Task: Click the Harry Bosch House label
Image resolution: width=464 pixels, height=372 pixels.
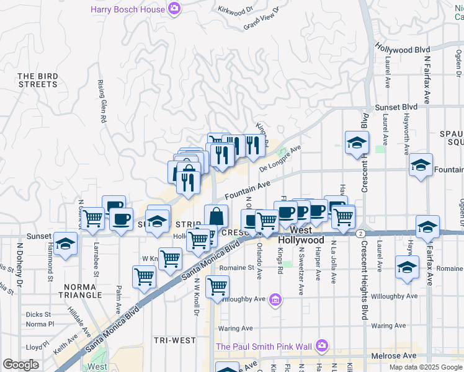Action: tap(128, 9)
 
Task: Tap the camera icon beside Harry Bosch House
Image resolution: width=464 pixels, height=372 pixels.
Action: tap(176, 9)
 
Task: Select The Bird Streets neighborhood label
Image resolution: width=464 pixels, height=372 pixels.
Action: tap(38, 80)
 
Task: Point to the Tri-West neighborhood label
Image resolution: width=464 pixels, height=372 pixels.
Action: tap(174, 340)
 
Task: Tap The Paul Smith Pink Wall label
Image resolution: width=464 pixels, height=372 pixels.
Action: tap(264, 345)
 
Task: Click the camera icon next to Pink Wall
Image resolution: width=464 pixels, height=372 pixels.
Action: tap(321, 345)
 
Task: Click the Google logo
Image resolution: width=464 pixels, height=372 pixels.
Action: tap(20, 364)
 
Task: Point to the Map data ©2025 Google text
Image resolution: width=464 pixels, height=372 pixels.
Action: tap(425, 367)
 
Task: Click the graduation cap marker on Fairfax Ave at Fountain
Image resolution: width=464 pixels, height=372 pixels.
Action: tap(421, 165)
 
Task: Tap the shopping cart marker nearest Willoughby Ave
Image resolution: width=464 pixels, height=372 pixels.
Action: tap(217, 287)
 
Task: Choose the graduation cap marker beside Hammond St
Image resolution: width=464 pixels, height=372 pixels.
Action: tap(65, 244)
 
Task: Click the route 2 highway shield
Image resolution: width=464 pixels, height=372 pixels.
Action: tap(360, 233)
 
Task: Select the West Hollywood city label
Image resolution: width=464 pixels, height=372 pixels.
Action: tap(301, 235)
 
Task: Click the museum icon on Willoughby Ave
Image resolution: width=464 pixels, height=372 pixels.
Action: tap(276, 300)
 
